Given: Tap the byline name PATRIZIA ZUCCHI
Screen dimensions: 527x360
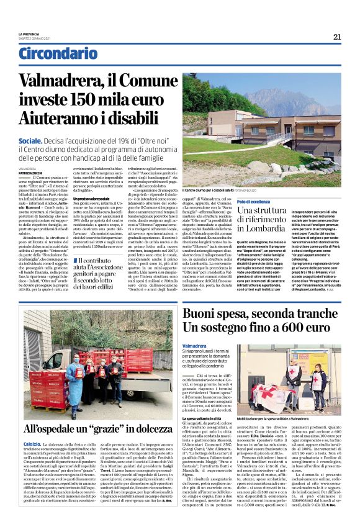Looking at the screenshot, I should tap(31, 172).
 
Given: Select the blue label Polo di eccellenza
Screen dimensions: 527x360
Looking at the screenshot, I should tap(219, 202).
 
